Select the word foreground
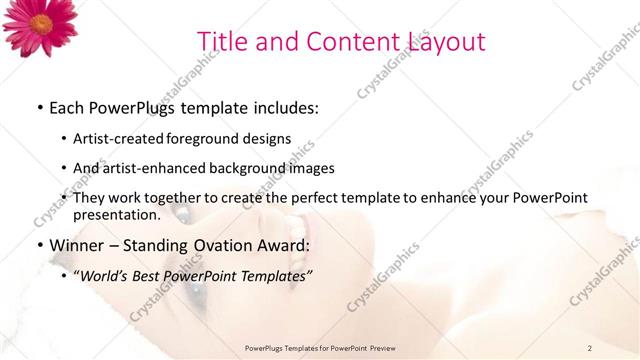click(x=200, y=138)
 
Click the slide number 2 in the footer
click(x=590, y=347)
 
